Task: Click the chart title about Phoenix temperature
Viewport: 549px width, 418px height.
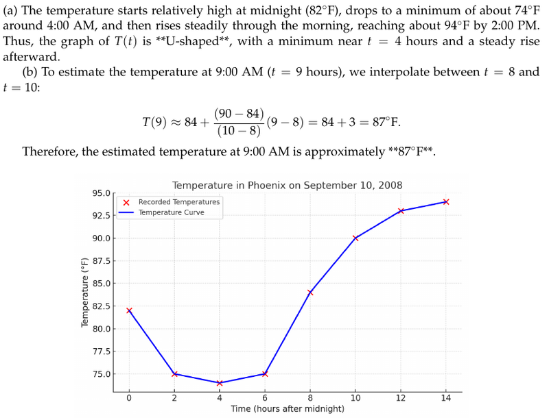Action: (287, 185)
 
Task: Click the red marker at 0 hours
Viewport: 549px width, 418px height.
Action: (129, 310)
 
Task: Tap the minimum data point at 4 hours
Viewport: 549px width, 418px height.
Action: (220, 383)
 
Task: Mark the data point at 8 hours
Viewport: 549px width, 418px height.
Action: (310, 293)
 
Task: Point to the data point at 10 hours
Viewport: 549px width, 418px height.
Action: (355, 238)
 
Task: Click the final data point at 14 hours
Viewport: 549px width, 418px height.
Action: (446, 201)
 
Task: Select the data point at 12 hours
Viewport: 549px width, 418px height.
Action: (401, 211)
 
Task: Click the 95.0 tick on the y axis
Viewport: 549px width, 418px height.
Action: (101, 193)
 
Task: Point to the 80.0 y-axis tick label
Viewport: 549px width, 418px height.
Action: (101, 329)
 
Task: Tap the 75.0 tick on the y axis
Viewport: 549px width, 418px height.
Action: (101, 374)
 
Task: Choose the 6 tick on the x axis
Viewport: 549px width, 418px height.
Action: (265, 398)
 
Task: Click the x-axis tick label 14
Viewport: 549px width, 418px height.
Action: (446, 398)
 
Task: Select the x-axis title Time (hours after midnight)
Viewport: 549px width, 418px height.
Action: (288, 409)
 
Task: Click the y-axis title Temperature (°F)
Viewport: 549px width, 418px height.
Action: (85, 291)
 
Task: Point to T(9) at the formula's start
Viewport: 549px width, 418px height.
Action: (154, 123)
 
